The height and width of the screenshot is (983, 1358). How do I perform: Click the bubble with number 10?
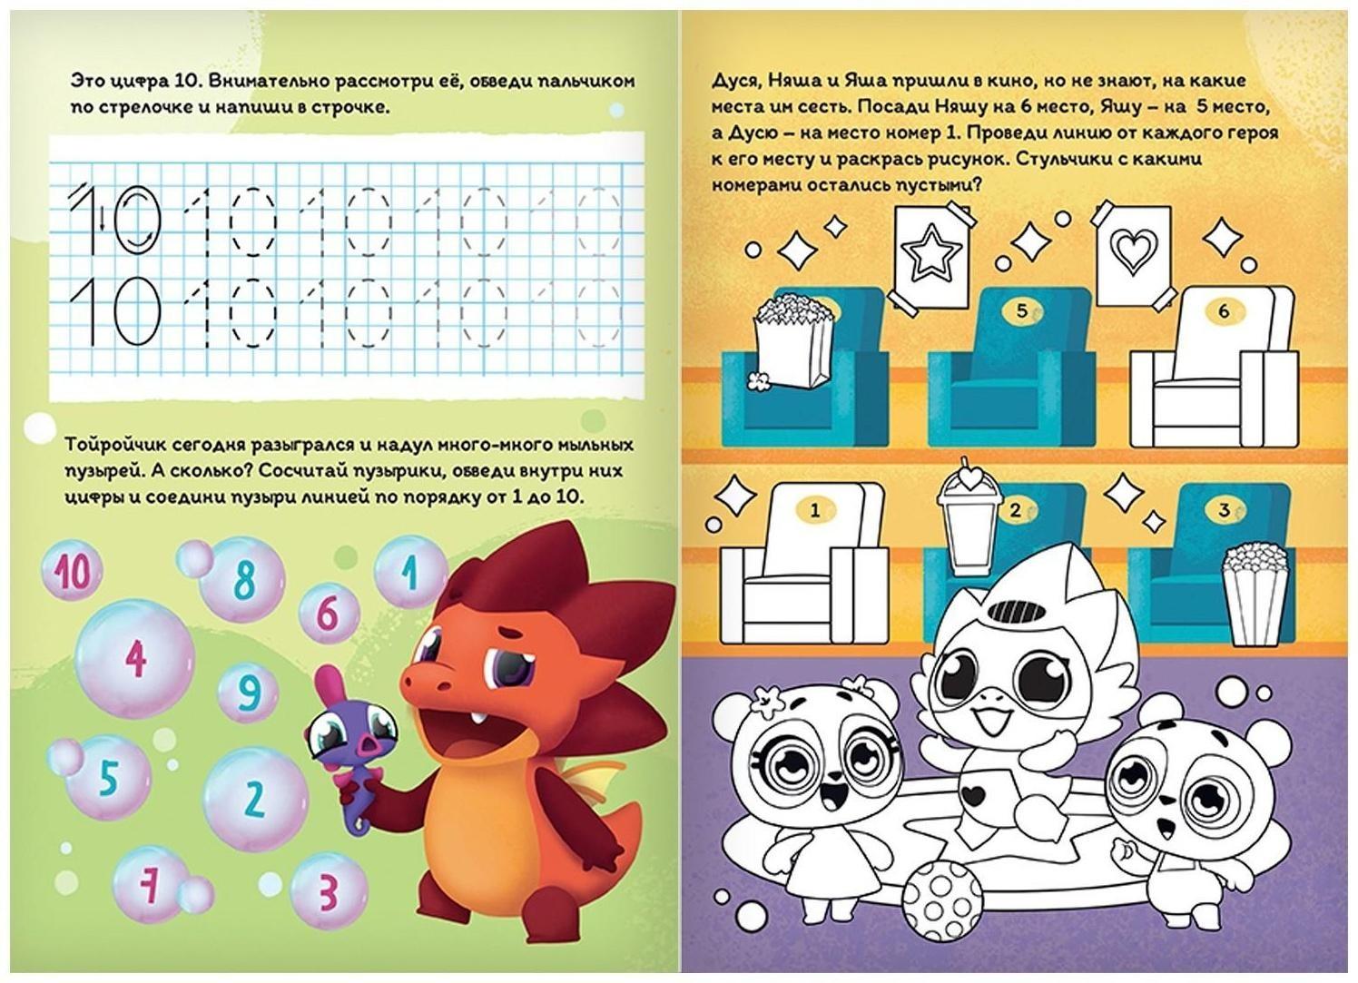(x=73, y=571)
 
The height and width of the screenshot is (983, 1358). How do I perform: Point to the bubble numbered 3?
(x=329, y=890)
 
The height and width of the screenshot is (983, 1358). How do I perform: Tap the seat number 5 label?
(x=1022, y=311)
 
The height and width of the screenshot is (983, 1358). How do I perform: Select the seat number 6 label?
(x=1224, y=311)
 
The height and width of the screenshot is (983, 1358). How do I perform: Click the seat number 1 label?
(x=815, y=511)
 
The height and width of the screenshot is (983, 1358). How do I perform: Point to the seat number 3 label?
(x=1225, y=510)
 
